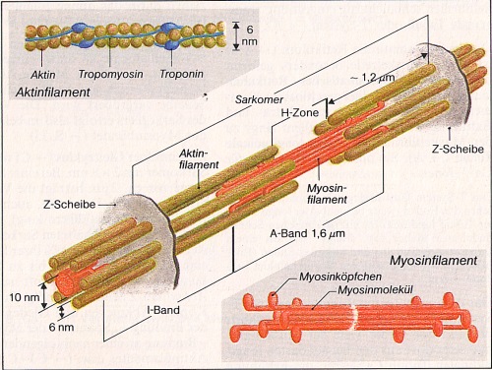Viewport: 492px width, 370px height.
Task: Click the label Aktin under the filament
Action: [x=43, y=75]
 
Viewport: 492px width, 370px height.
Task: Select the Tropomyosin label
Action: [x=111, y=74]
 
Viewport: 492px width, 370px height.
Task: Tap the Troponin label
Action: [x=181, y=74]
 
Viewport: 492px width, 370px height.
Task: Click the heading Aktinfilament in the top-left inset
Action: [x=52, y=92]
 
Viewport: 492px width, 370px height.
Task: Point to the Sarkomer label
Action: [x=259, y=99]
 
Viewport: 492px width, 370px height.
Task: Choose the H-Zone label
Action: [x=300, y=113]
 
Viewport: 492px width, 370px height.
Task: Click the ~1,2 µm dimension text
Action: [x=373, y=78]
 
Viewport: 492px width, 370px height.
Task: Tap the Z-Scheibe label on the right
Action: [x=458, y=150]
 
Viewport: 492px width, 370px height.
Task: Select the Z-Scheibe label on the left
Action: [x=69, y=205]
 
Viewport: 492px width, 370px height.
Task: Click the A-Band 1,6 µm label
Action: [x=307, y=233]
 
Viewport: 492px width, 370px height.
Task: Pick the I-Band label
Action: [x=163, y=310]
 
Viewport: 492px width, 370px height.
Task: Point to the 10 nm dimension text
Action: [x=25, y=297]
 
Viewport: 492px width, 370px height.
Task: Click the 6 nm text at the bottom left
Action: [x=61, y=327]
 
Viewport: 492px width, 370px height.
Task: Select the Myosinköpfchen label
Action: [x=340, y=277]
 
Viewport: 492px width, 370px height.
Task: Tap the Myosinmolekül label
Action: [x=375, y=289]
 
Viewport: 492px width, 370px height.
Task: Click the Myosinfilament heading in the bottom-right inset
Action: [x=433, y=261]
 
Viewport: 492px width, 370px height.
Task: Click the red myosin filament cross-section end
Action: [x=67, y=282]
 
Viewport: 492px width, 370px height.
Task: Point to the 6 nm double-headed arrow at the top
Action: [x=236, y=36]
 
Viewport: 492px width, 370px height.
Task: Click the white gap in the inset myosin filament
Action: [x=353, y=317]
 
